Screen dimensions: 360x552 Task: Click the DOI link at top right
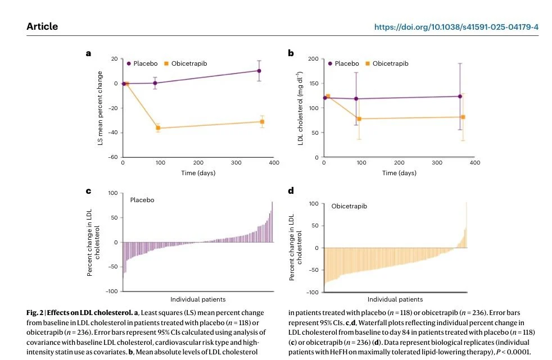456,26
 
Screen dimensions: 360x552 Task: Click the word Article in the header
42,26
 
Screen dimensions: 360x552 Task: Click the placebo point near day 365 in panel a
259,71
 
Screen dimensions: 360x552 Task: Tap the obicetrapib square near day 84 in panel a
158,128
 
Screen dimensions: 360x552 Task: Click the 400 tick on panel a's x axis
273,163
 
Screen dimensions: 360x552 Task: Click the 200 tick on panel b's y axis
313,59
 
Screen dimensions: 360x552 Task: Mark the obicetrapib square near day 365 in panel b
463,117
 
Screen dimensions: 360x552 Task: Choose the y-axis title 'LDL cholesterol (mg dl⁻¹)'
301,108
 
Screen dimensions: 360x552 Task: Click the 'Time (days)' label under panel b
399,173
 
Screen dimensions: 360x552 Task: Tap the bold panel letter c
88,191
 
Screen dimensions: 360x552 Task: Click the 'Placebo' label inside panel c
142,199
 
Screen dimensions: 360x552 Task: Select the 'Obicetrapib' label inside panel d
349,207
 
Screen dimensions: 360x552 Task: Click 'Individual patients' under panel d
395,299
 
